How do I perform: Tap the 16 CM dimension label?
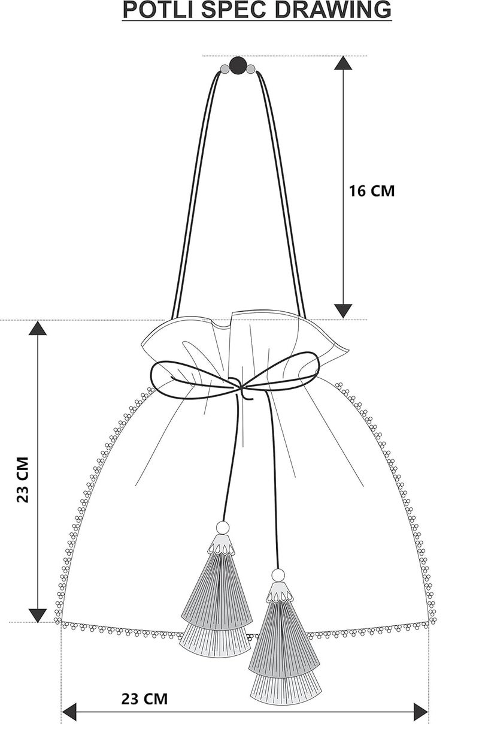pos(371,191)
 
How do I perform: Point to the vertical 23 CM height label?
pos(23,480)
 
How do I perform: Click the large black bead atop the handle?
pos(238,65)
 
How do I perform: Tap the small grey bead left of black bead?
pos(225,69)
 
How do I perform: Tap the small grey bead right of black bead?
pos(251,69)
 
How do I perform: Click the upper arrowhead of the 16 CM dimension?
pos(343,63)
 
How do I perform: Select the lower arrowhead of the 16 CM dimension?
pos(343,311)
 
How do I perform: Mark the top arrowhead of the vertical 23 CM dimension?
pos(38,328)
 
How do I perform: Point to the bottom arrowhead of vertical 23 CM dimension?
pos(38,616)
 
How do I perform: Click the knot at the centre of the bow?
pos(238,384)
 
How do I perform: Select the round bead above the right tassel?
pos(278,576)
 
